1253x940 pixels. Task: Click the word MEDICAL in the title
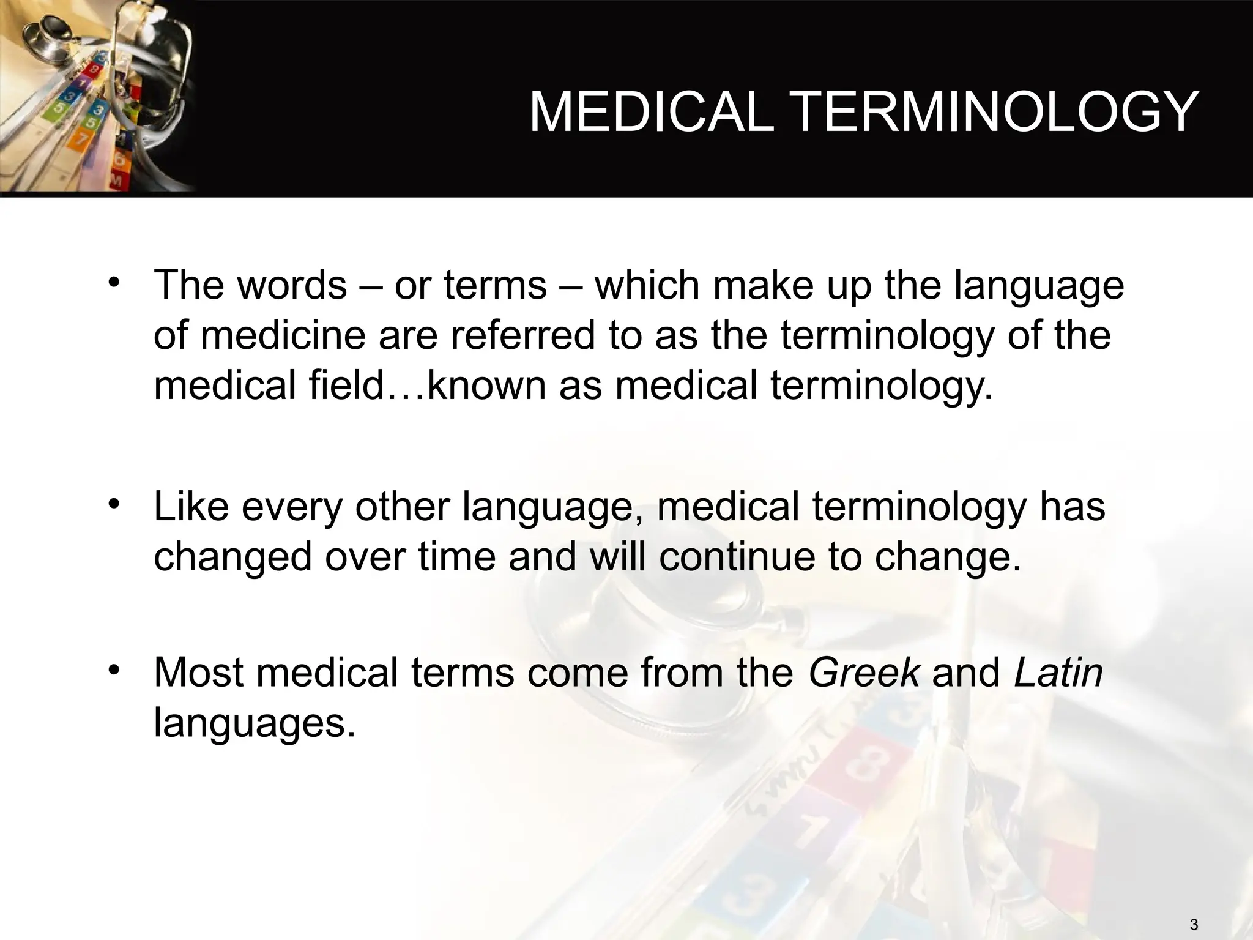click(651, 113)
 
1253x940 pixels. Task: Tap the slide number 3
click(1194, 925)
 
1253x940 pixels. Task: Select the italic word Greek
click(864, 672)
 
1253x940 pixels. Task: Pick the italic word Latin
click(1058, 672)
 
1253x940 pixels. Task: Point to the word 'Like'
click(191, 507)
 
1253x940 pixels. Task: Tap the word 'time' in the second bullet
click(457, 557)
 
